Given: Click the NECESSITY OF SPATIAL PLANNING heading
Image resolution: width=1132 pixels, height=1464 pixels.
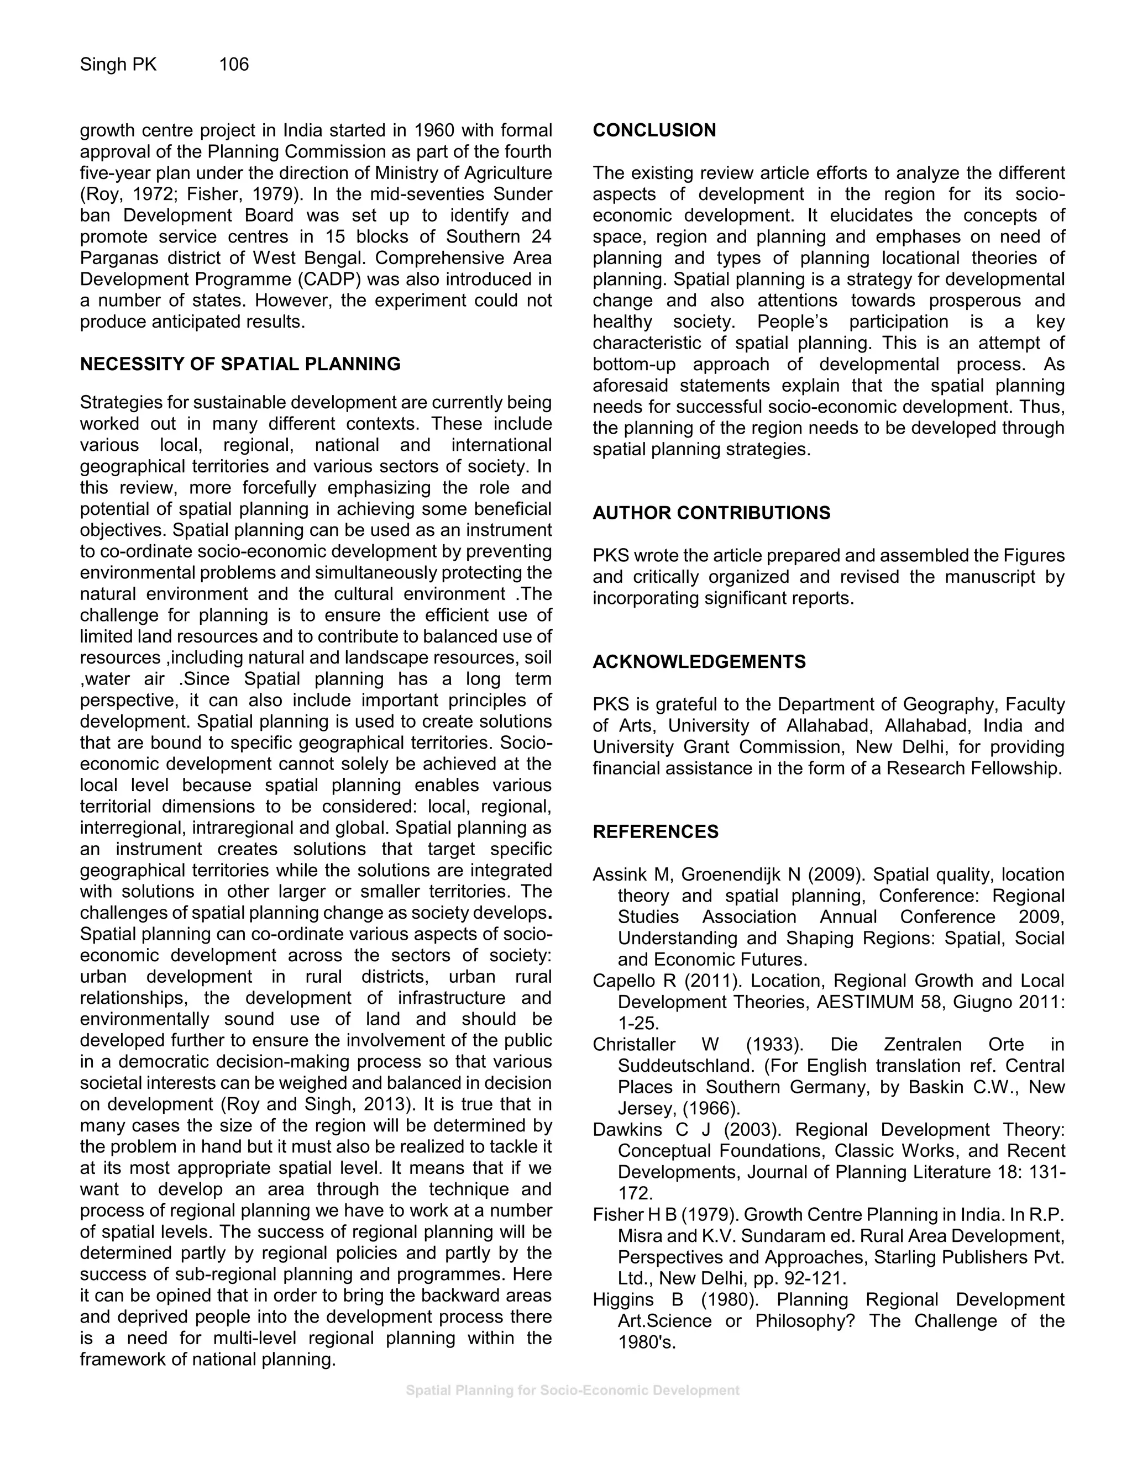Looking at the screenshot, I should pos(240,364).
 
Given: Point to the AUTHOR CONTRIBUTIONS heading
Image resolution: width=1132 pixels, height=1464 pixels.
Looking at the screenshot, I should pos(711,513).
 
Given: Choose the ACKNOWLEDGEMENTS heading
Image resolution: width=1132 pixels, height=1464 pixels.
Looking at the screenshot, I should pos(699,662).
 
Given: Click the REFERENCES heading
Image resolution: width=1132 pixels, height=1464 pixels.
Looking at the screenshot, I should pos(655,832).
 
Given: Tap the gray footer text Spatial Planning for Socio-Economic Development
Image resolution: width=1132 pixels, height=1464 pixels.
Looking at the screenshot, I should pos(572,1391).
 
